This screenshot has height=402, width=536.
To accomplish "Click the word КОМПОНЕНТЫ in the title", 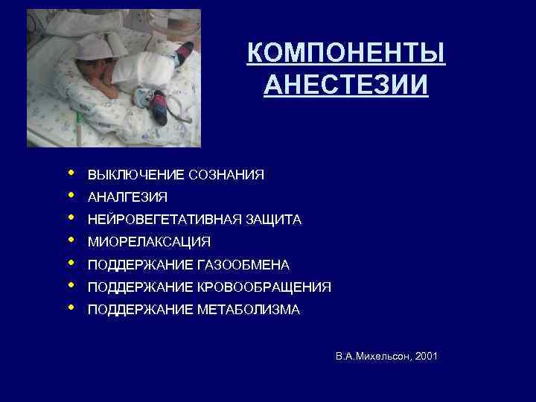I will (x=346, y=54).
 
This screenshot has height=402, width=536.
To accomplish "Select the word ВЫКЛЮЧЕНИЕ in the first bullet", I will (x=137, y=175).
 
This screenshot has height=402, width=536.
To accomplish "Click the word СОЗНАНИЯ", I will (x=226, y=175).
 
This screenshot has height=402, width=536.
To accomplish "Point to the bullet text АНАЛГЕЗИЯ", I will (x=127, y=197).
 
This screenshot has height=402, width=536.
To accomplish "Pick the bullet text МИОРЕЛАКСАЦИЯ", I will (x=149, y=242).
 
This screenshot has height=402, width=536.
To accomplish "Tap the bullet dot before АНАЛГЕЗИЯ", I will (x=70, y=195).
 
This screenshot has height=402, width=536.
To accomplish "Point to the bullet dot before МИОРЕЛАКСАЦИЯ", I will (x=70, y=240).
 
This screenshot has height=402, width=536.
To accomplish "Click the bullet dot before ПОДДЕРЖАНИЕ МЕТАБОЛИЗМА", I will (x=70, y=307).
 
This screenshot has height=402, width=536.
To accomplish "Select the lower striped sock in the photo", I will (x=159, y=103).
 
